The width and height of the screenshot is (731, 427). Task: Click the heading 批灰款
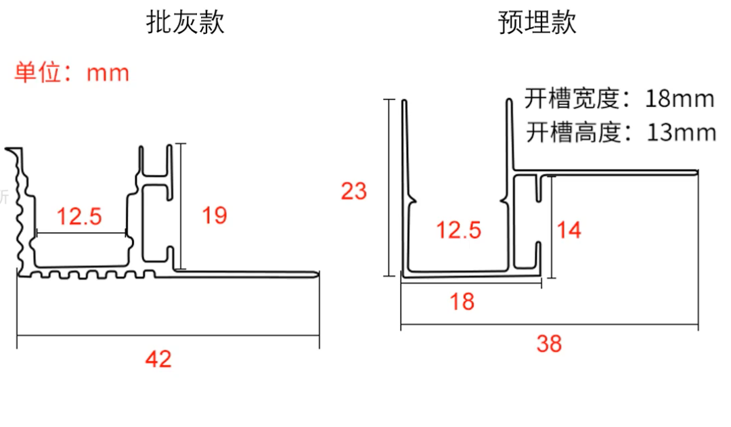pyautogui.click(x=185, y=23)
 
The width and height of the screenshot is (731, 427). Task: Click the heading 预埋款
pyautogui.click(x=537, y=23)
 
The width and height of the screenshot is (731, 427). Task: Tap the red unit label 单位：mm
pyautogui.click(x=72, y=72)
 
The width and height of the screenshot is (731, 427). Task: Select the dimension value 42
pyautogui.click(x=158, y=359)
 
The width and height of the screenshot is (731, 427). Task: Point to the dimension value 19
pyautogui.click(x=215, y=216)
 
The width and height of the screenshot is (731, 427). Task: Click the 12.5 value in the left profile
pyautogui.click(x=79, y=217)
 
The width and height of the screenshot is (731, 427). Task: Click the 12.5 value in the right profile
pyautogui.click(x=458, y=230)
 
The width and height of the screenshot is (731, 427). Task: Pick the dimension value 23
pyautogui.click(x=353, y=192)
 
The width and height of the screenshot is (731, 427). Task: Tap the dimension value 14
pyautogui.click(x=569, y=230)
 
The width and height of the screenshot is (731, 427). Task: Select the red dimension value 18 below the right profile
pyautogui.click(x=462, y=301)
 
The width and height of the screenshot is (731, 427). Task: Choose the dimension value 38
pyautogui.click(x=549, y=344)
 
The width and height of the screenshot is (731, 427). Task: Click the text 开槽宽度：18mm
pyautogui.click(x=619, y=99)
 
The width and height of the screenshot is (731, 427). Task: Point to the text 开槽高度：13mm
pyautogui.click(x=621, y=132)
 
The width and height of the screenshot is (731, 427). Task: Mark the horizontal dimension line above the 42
pyautogui.click(x=168, y=336)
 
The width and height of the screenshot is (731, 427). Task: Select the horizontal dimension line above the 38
pyautogui.click(x=549, y=326)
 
